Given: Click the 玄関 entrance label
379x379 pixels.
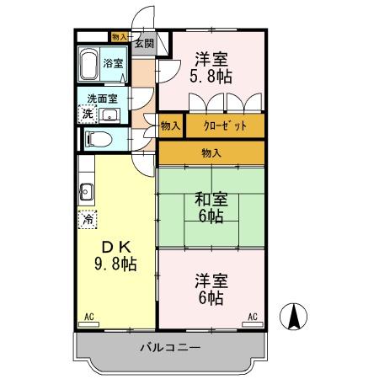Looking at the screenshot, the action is (x=145, y=43).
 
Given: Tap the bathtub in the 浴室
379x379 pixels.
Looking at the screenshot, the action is (x=88, y=65).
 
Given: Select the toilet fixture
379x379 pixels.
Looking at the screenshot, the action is (x=98, y=139).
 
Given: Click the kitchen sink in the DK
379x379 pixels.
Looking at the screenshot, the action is (x=86, y=192).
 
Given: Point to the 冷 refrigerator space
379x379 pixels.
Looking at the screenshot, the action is (x=88, y=219).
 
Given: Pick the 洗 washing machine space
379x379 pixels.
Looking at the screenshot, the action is (x=88, y=114).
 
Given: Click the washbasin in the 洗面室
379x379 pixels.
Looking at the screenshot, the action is (x=109, y=115).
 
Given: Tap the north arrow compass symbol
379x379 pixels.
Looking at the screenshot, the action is (x=293, y=317).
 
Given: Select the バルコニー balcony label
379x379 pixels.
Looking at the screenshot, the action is (x=170, y=348).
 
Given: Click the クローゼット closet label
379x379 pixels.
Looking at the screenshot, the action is (x=225, y=125).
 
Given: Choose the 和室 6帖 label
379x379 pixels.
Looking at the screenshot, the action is (x=211, y=208).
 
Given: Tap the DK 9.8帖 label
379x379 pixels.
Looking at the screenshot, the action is (x=115, y=256).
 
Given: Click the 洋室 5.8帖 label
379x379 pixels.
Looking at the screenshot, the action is (x=211, y=68).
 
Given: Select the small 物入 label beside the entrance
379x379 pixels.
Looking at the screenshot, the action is (x=120, y=37).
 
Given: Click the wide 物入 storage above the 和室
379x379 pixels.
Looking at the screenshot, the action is (x=211, y=152).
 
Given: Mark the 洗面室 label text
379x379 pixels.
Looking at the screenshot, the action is (x=102, y=99).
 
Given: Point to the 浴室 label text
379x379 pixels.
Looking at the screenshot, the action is (x=113, y=63).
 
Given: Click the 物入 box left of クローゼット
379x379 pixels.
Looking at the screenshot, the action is (x=171, y=125).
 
